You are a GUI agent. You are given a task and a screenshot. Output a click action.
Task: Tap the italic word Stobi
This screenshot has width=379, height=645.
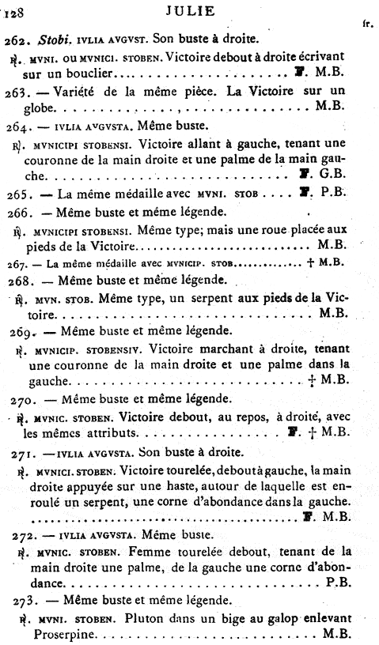tap(54, 40)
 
